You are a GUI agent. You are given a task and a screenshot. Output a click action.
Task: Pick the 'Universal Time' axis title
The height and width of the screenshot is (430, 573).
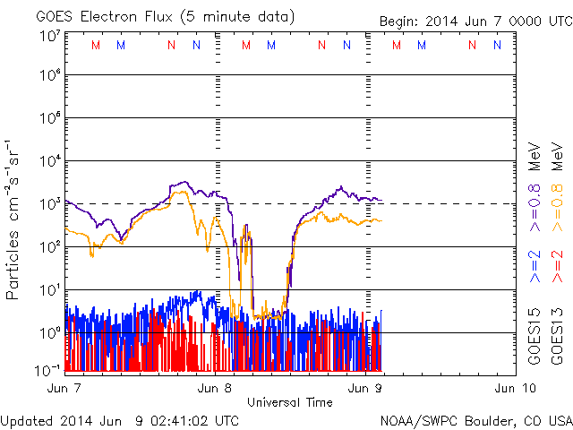click(x=290, y=402)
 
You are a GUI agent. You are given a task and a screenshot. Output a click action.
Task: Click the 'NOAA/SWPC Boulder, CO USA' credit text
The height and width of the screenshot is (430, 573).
click(x=475, y=420)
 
